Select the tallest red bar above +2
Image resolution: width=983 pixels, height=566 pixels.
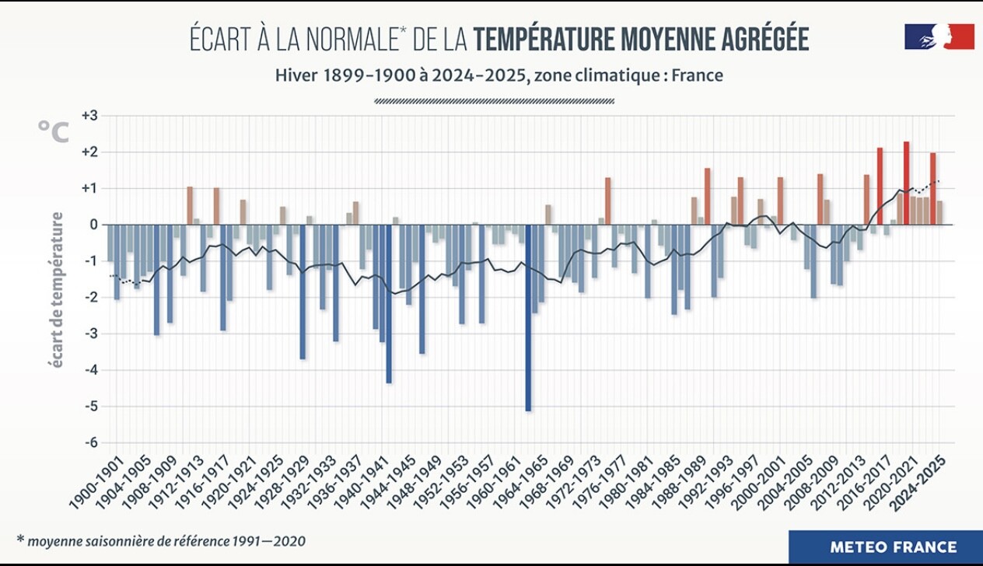coord(907,183)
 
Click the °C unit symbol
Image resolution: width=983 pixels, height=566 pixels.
coord(54,133)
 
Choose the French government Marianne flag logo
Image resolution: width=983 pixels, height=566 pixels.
coord(939,37)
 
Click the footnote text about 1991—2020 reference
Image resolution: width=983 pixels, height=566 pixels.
coord(161,540)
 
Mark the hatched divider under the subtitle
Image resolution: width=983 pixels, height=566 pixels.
coord(495,100)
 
